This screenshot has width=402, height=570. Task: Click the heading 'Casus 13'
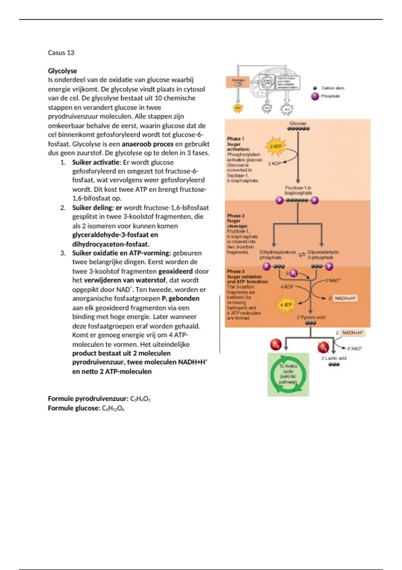61,53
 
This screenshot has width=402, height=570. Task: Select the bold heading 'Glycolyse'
62,71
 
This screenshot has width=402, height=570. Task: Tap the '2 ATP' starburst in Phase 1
276,147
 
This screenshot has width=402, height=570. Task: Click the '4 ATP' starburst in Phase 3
286,305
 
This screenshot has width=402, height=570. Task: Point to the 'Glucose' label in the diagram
298,123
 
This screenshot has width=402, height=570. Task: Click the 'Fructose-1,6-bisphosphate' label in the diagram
298,190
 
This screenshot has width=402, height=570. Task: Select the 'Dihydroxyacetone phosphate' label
277,255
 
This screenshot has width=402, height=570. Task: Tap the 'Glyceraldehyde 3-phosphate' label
323,255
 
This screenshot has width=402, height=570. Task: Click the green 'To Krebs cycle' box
288,374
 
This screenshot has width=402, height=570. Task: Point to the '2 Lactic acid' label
334,358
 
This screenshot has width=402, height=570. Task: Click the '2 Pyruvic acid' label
311,317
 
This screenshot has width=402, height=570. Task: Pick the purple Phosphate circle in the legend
315,96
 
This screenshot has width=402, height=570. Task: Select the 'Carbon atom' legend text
333,88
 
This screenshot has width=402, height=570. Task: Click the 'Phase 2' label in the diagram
236,216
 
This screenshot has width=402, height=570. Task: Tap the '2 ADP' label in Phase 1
275,164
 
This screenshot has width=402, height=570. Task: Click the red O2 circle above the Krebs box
276,344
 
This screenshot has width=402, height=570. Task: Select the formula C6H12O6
113,408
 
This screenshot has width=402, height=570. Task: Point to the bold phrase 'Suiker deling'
92,208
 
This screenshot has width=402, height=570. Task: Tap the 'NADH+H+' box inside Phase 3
345,298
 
